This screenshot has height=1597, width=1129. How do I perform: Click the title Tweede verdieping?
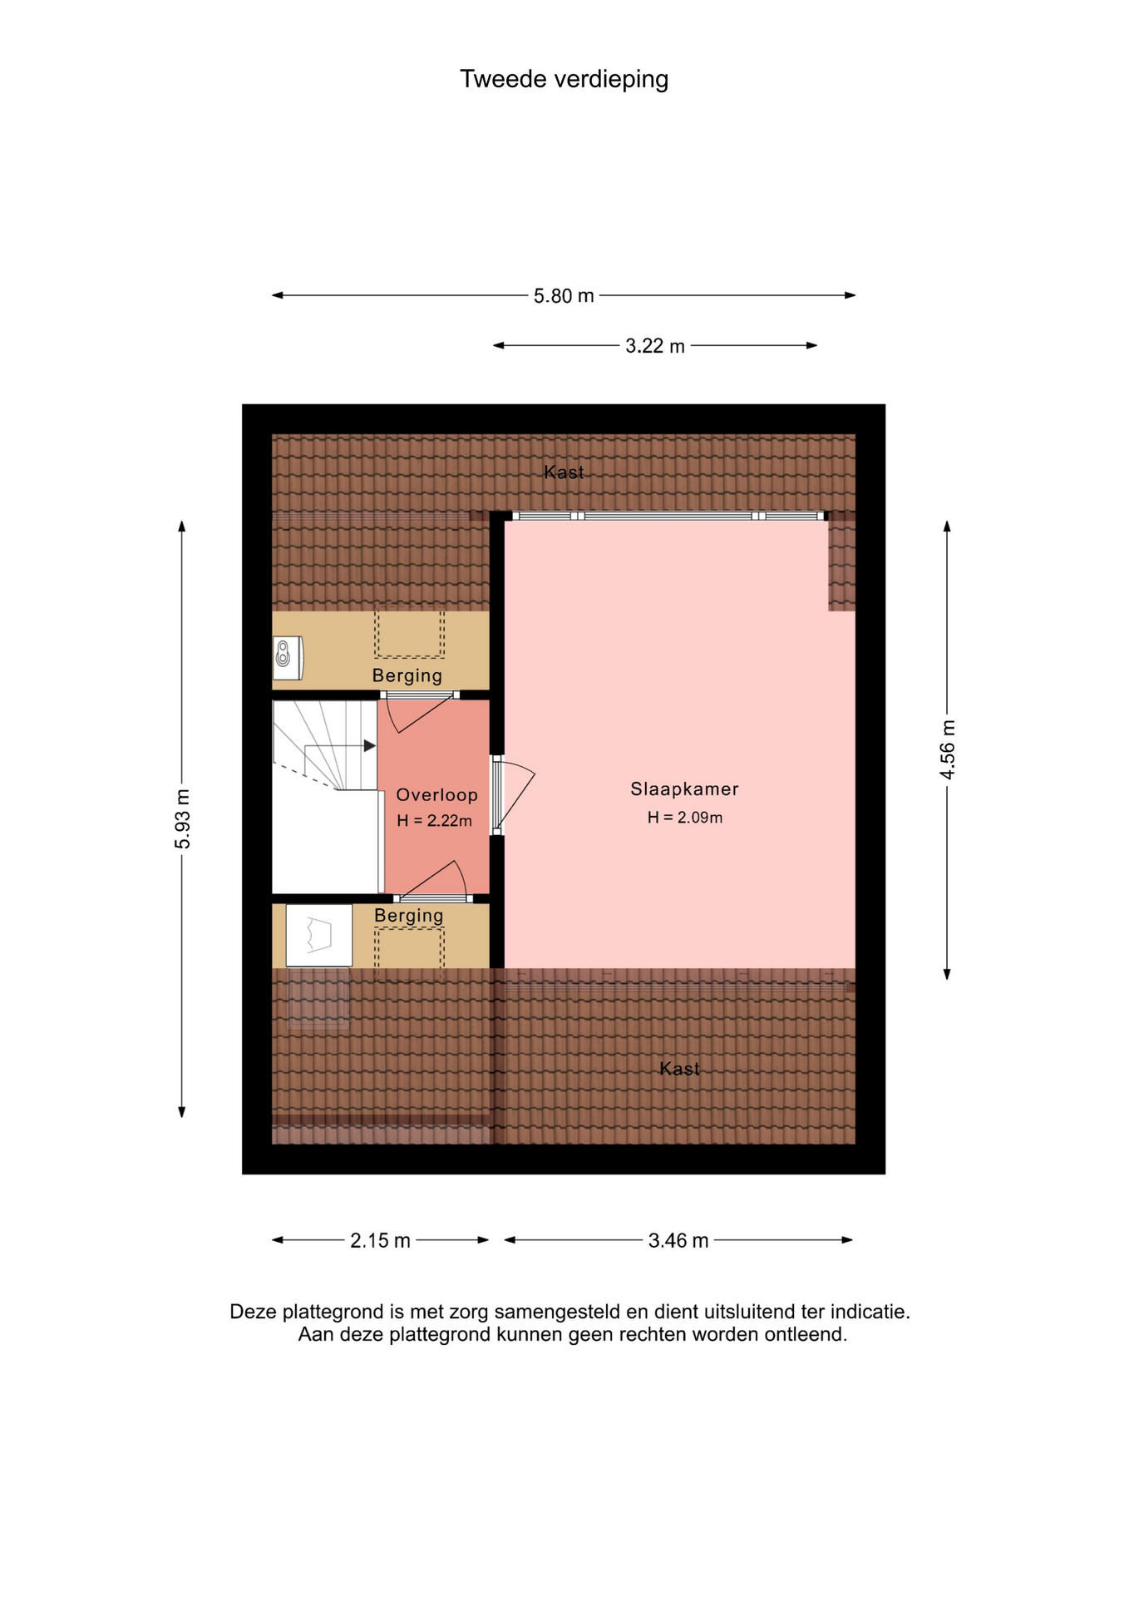tap(564, 79)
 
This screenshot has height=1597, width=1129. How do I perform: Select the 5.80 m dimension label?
tap(564, 295)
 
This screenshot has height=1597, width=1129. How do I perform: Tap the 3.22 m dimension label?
tap(655, 346)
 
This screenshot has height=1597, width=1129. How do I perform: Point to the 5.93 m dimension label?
tap(183, 819)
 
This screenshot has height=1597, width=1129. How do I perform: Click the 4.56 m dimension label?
tap(948, 749)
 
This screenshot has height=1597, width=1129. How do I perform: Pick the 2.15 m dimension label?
tap(380, 1240)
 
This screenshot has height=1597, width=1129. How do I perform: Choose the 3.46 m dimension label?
tap(678, 1240)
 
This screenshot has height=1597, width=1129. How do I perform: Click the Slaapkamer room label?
tap(684, 789)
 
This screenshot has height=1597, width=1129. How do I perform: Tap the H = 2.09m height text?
tap(685, 818)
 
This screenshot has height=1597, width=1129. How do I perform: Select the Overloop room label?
tap(436, 795)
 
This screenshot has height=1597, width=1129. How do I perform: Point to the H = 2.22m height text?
tap(434, 821)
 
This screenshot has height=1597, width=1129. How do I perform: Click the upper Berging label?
tap(407, 675)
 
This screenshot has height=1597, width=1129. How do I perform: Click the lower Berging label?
tap(408, 916)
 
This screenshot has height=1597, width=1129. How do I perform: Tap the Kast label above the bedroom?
tap(564, 472)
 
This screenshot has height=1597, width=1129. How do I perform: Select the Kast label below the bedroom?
tap(679, 1069)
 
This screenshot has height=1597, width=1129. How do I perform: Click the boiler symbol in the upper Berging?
tap(288, 658)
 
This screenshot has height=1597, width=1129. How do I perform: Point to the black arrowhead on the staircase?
tap(370, 746)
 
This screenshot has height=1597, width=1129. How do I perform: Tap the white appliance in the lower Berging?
tap(319, 936)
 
